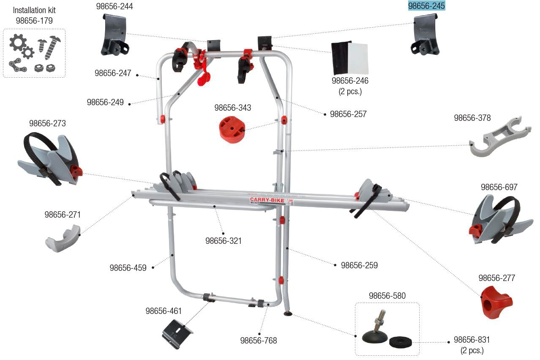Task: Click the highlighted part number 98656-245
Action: pos(426,6)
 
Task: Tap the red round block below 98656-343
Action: pos(232,129)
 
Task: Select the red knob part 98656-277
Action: pos(496,302)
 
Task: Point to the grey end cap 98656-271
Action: pos(63,239)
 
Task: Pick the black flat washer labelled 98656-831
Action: pos(401,342)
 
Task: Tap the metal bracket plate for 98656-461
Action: pos(177,334)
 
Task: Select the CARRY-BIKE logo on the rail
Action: pos(267,200)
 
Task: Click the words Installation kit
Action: pos(34,10)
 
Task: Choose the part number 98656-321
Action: pos(224,241)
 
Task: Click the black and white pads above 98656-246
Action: pos(350,58)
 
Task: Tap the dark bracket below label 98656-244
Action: pos(115,35)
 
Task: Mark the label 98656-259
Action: pos(359,265)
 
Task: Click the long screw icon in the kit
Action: pos(52,47)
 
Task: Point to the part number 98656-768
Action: pos(259,341)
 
